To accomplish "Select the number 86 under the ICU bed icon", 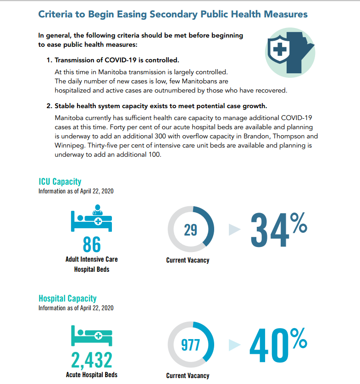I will pos(92,244).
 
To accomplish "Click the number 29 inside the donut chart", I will pos(190,230).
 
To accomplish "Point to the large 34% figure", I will pos(277,230).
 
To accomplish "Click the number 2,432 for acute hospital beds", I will pos(92,360).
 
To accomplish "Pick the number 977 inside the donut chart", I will pos(190,345).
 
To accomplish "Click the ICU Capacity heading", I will pos(60,181).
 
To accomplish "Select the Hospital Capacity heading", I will pos(67,298).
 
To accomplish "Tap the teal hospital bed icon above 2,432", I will pos(92,336).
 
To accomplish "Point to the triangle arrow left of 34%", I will pos(234,230).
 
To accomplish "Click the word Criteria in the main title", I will pos(55,14).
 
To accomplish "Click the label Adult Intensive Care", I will pos(92,259).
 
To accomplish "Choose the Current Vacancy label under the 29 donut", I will pos(188,260).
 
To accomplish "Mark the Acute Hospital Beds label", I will pos(92,375).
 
